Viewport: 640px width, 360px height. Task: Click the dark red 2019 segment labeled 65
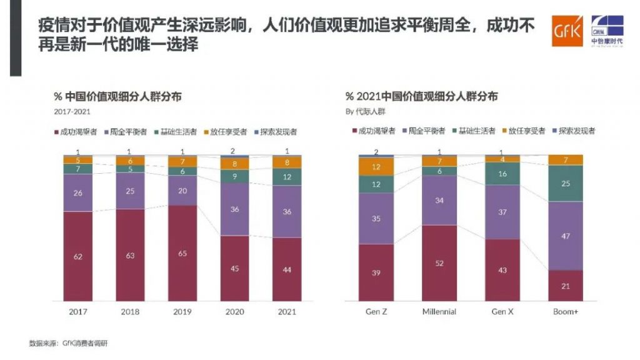click(x=182, y=254)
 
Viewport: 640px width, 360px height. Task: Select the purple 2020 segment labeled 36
click(x=235, y=209)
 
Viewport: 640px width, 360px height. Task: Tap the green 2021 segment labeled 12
click(x=287, y=177)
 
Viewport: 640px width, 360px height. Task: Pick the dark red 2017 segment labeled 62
click(x=78, y=256)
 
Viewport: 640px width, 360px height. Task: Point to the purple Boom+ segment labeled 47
click(x=565, y=236)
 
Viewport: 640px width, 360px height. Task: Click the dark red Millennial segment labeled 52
click(x=439, y=263)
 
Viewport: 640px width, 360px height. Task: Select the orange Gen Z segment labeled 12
click(x=376, y=167)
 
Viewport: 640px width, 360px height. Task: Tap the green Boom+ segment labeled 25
click(x=565, y=183)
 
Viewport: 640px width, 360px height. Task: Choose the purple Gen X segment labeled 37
click(x=502, y=212)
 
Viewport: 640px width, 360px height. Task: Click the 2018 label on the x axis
click(x=130, y=311)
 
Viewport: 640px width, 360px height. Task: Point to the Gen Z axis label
click(x=376, y=311)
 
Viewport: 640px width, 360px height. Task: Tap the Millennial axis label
click(x=439, y=311)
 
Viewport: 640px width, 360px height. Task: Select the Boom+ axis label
click(x=565, y=311)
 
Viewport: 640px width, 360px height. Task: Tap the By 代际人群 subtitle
click(x=366, y=112)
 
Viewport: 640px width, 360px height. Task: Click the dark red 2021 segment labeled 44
click(x=287, y=269)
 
